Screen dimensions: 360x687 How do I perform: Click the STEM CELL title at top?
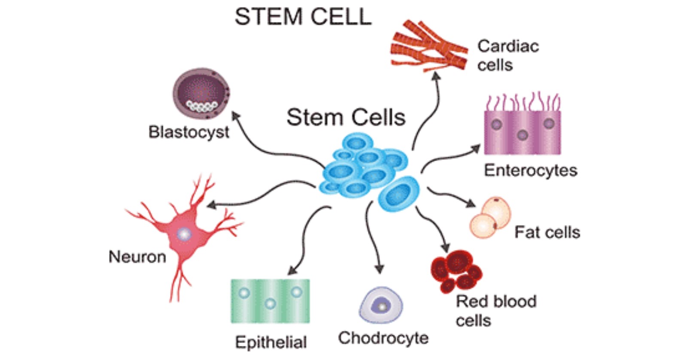point(303,17)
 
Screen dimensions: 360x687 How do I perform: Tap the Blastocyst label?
point(188,132)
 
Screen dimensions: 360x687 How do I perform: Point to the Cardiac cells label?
point(508,55)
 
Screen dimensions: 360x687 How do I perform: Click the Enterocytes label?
point(530,171)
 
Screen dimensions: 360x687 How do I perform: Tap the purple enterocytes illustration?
point(522,131)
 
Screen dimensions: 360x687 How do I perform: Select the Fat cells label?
point(547,232)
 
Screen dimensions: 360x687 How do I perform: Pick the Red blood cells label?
point(495,311)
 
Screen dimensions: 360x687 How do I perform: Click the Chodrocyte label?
point(383,338)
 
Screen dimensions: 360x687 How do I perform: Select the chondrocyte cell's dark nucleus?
point(381,306)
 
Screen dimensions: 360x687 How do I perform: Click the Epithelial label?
point(271,342)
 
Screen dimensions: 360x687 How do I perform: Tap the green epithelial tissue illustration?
point(270,301)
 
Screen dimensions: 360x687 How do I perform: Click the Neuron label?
point(137,257)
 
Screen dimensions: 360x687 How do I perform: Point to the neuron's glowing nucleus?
point(184,234)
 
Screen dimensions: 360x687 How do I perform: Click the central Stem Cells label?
point(346,117)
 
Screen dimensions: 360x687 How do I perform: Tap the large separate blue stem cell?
point(399,194)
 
